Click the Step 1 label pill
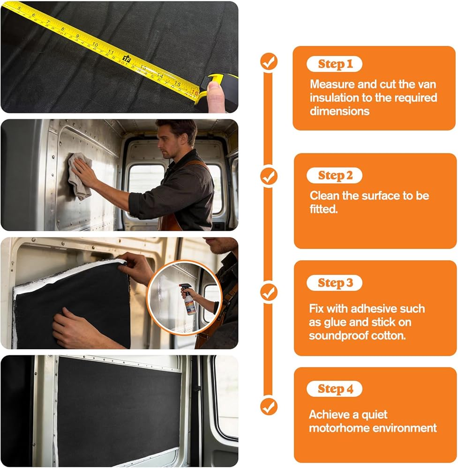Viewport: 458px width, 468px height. (335, 64)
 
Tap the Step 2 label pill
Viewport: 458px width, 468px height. (335, 175)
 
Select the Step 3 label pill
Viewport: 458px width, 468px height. (335, 283)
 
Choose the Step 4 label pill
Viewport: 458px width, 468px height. (335, 389)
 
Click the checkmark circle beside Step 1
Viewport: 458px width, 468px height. (269, 61)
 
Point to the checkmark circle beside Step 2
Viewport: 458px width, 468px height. (269, 176)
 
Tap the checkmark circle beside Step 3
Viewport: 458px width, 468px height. (269, 292)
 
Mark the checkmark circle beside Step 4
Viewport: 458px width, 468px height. (269, 406)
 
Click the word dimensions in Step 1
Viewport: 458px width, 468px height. (339, 111)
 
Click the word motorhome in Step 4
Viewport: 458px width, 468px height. (339, 428)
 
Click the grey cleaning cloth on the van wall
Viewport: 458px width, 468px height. (79, 175)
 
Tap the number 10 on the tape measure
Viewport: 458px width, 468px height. (95, 44)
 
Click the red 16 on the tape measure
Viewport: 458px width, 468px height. (195, 92)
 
